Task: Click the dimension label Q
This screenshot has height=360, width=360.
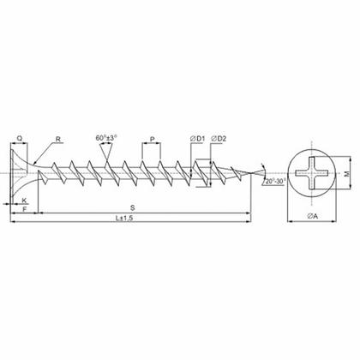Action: pyautogui.click(x=20, y=138)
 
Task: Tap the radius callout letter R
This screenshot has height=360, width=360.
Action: pyautogui.click(x=58, y=139)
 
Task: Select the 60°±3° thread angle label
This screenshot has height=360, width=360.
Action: pyautogui.click(x=106, y=138)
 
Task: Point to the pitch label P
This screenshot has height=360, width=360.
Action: pyautogui.click(x=153, y=139)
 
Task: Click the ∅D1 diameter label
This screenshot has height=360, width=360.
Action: pyautogui.click(x=198, y=139)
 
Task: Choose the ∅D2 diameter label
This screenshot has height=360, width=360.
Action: pyautogui.click(x=219, y=139)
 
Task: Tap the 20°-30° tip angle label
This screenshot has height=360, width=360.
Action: pyautogui.click(x=276, y=181)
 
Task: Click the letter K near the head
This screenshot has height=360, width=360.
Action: pyautogui.click(x=24, y=201)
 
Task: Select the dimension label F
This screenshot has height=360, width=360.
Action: pyautogui.click(x=25, y=209)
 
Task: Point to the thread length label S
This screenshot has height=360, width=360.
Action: pyautogui.click(x=133, y=208)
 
